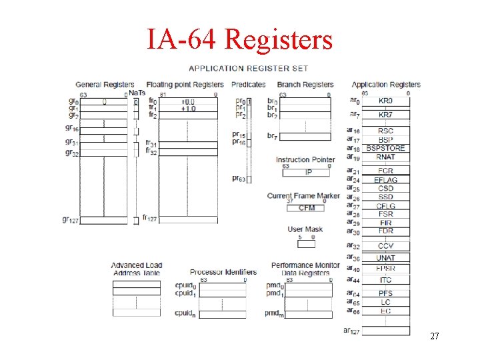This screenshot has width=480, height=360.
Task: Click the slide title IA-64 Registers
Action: pyautogui.click(x=239, y=39)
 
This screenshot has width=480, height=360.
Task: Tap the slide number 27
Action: pyautogui.click(x=434, y=337)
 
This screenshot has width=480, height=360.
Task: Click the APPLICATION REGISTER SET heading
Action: pyautogui.click(x=248, y=68)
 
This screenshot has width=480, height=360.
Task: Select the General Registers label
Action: pyautogui.click(x=105, y=85)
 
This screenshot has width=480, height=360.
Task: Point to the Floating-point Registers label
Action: pyautogui.click(x=185, y=85)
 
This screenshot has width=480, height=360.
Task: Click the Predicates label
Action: pyautogui.click(x=248, y=85)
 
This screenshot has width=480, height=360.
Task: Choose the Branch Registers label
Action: pyautogui.click(x=305, y=85)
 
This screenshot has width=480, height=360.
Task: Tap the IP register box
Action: pyautogui.click(x=307, y=173)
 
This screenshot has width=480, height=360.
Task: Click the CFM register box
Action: pyautogui.click(x=307, y=208)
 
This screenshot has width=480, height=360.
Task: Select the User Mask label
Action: pyautogui.click(x=305, y=229)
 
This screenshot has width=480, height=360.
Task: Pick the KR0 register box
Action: pyautogui.click(x=385, y=101)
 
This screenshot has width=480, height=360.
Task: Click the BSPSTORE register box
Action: pyautogui.click(x=385, y=148)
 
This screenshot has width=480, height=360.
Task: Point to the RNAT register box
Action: pyautogui.click(x=385, y=157)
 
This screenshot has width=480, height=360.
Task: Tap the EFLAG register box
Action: pyautogui.click(x=385, y=180)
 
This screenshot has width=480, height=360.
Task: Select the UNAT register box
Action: pyautogui.click(x=385, y=258)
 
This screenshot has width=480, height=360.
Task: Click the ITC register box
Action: pyautogui.click(x=385, y=280)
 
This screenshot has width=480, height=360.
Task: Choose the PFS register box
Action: pyautogui.click(x=385, y=293)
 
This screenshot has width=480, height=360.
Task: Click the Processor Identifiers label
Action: pyautogui.click(x=223, y=272)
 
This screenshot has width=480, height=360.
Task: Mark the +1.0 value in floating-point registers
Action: pyautogui.click(x=188, y=108)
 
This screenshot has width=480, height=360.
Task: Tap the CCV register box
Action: pyautogui.click(x=385, y=246)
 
